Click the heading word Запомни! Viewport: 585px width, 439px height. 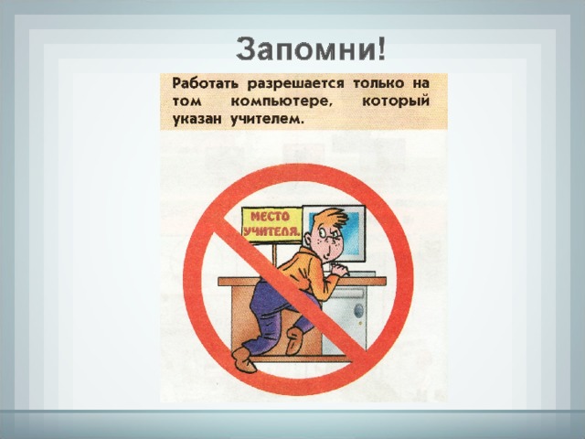[x=311, y=48]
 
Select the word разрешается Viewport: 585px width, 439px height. [x=295, y=84]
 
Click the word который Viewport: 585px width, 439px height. [x=396, y=102]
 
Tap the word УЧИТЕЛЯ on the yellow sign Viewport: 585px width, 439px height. [x=271, y=231]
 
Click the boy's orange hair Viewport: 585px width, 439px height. [x=330, y=219]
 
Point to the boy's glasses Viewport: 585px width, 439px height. [x=330, y=235]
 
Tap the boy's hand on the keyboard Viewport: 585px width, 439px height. [x=339, y=269]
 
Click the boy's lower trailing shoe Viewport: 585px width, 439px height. [x=243, y=359]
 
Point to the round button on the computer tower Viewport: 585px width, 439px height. [x=358, y=309]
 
